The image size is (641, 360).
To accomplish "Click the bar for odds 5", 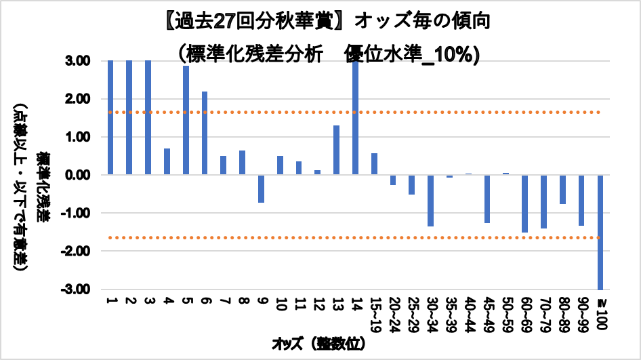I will click(186, 120).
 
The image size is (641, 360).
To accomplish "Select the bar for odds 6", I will click(205, 133).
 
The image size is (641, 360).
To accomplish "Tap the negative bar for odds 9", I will click(261, 188).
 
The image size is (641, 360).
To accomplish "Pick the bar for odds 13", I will click(336, 150).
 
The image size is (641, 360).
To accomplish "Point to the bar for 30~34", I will click(430, 201).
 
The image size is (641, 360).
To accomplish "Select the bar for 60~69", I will click(524, 203).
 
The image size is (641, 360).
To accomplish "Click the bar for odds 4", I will click(167, 161).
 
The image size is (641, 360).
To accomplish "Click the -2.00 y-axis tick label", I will click(81, 252).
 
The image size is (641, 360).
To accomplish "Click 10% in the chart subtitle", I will click(453, 55).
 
